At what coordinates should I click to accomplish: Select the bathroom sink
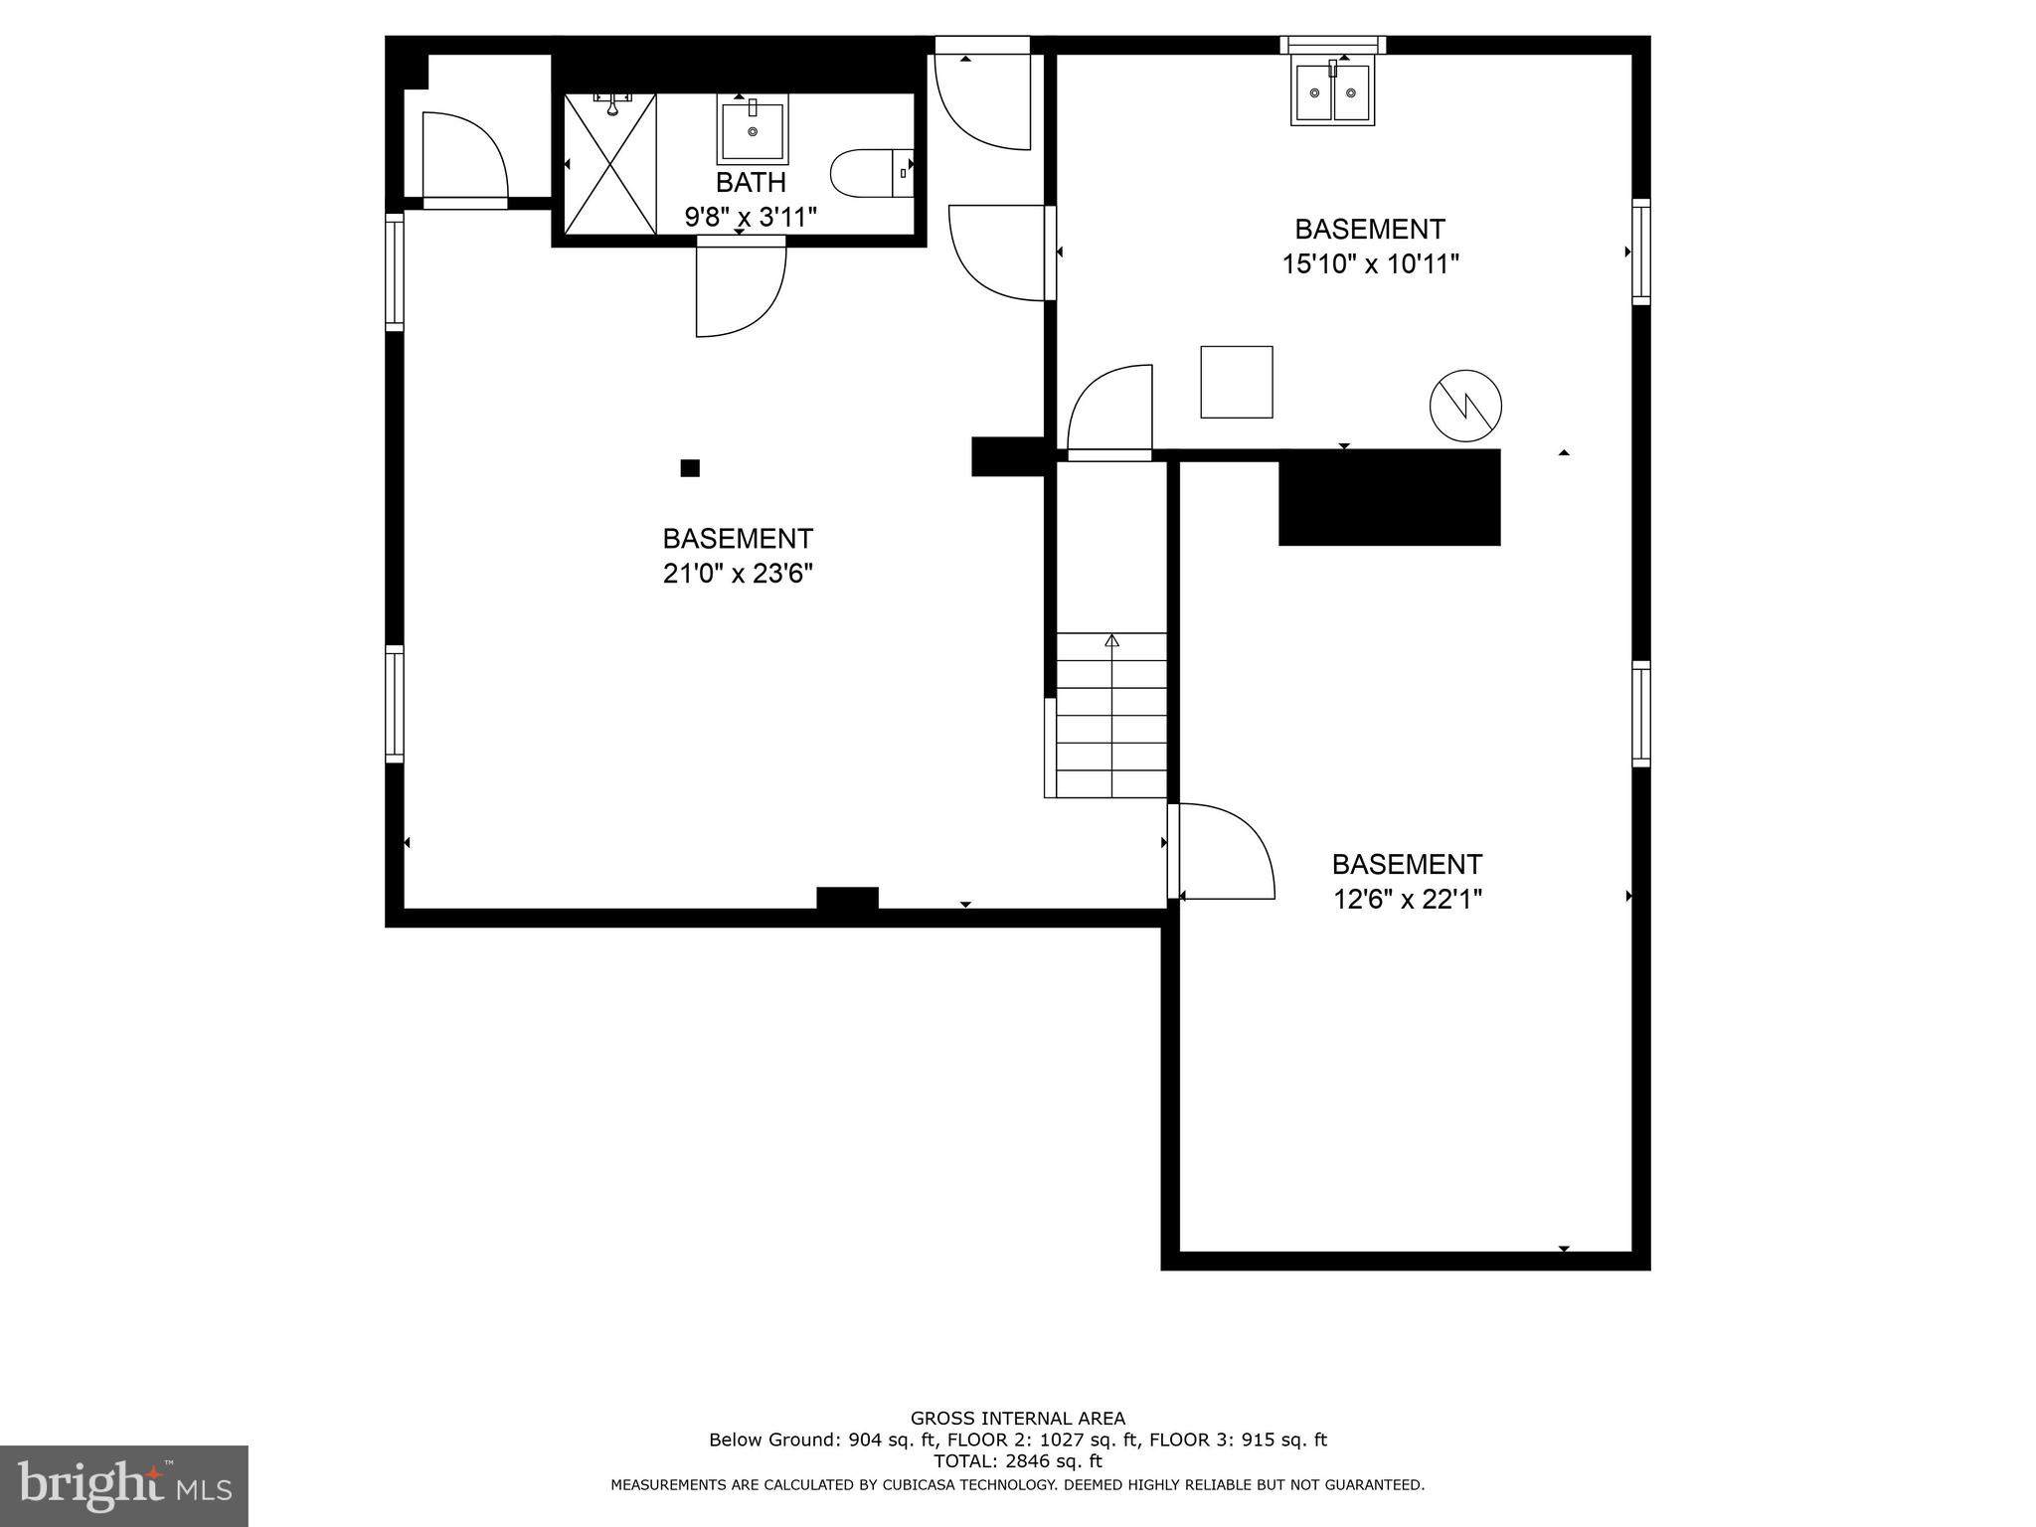[x=753, y=129]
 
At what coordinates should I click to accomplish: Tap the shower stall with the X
[x=610, y=164]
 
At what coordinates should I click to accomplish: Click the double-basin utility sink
[x=1332, y=92]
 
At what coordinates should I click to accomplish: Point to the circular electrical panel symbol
[x=1465, y=406]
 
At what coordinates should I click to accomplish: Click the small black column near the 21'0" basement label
[x=690, y=468]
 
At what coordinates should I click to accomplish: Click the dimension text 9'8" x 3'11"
[x=751, y=217]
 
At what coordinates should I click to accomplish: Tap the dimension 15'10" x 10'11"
[x=1370, y=264]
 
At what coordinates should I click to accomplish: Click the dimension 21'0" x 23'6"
[x=738, y=574]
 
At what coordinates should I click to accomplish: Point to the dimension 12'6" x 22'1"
[x=1407, y=900]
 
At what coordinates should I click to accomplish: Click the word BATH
[x=751, y=183]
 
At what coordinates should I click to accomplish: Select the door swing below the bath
[x=741, y=288]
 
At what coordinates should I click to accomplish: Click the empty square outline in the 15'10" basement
[x=1237, y=382]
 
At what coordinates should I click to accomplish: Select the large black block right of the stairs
[x=1389, y=498]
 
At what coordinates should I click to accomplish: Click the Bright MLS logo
[x=123, y=1486]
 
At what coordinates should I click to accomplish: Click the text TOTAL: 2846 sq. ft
[x=1017, y=1461]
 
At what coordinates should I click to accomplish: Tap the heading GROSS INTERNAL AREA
[x=1017, y=1419]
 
